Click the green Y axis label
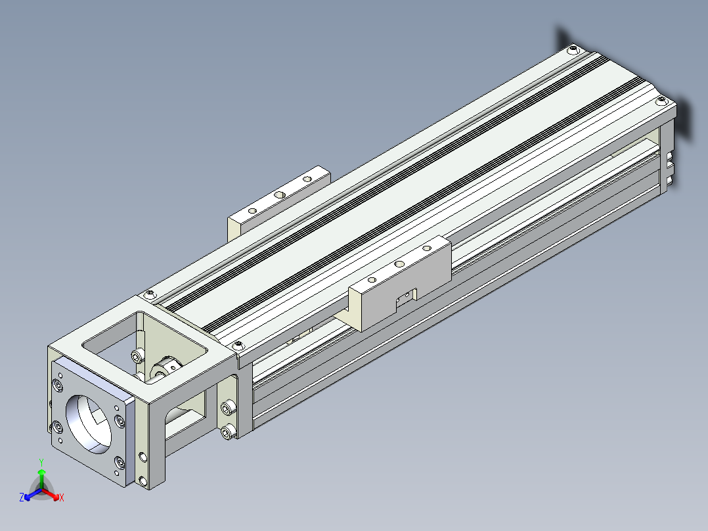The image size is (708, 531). coord(41,462)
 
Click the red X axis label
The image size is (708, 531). coord(62,497)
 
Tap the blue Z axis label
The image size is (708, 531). coord(21,497)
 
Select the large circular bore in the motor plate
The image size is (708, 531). coord(89,424)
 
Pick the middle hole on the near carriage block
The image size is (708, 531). coord(399,264)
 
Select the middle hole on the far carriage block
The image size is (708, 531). coord(280,195)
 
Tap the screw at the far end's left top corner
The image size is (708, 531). coord(573,49)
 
